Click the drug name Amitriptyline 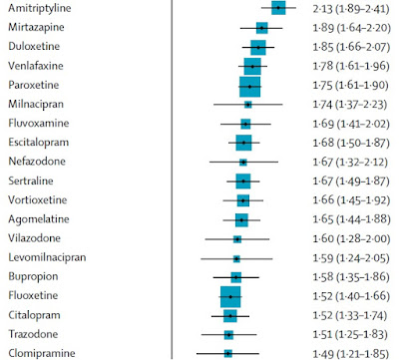click(x=40, y=8)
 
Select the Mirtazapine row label click(x=36, y=27)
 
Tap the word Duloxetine click(x=34, y=46)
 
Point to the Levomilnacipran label click(x=47, y=257)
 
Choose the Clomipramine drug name click(x=42, y=353)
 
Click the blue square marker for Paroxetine click(x=249, y=87)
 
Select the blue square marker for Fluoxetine click(x=230, y=296)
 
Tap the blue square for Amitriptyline click(x=278, y=8)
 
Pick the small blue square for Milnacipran click(x=248, y=105)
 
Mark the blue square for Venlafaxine click(x=252, y=67)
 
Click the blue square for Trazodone click(x=228, y=335)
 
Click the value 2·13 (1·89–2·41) click(x=351, y=9)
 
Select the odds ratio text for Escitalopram click(x=351, y=143)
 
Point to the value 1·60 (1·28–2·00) click(x=351, y=238)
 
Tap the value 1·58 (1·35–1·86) click(x=351, y=276)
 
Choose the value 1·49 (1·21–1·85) click(x=350, y=354)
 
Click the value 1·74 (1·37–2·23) click(x=350, y=105)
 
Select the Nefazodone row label click(x=37, y=162)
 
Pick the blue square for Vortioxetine click(x=243, y=200)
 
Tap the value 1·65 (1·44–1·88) click(x=351, y=219)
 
